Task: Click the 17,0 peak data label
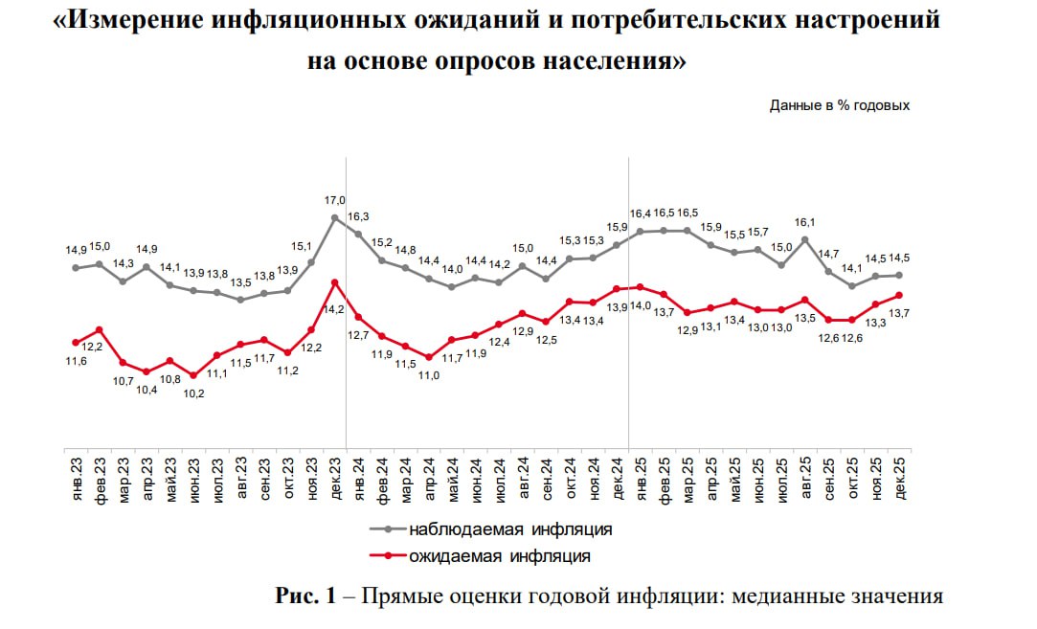(x=335, y=200)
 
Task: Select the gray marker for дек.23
(x=334, y=217)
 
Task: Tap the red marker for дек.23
(x=334, y=281)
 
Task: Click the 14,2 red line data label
(x=335, y=309)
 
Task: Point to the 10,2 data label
(x=193, y=393)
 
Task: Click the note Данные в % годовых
(x=839, y=106)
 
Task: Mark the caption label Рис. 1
(x=305, y=597)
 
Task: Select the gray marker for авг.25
(x=804, y=239)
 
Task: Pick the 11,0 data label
(x=429, y=375)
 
